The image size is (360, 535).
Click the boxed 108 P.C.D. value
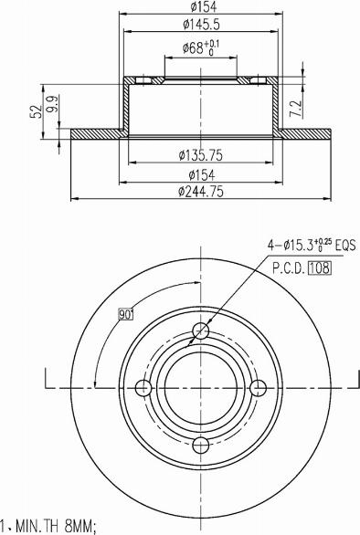pos(319,268)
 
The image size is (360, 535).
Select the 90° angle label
pos(125,315)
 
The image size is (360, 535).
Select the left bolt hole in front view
pos(143,388)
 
